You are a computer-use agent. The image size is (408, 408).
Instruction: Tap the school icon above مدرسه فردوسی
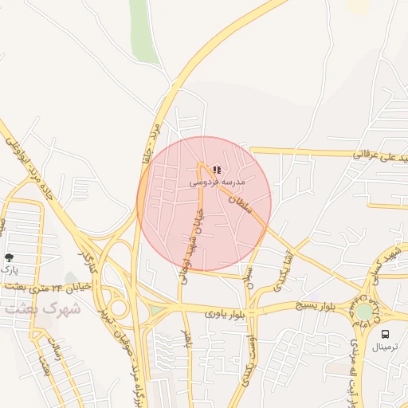[218, 170]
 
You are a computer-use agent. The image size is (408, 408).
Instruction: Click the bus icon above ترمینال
[386, 335]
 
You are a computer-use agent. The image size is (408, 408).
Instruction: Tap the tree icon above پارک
[9, 257]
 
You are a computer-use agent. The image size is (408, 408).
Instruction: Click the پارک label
[9, 270]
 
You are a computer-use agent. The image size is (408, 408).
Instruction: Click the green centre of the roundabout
[364, 312]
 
